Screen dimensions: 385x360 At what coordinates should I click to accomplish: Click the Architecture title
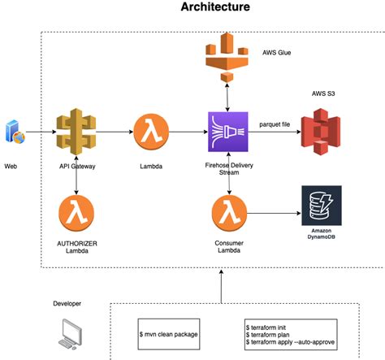[215, 7]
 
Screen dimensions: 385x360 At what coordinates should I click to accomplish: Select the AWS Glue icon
[227, 57]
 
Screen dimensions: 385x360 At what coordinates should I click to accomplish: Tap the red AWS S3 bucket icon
[321, 132]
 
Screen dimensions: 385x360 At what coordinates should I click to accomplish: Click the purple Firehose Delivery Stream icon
[228, 132]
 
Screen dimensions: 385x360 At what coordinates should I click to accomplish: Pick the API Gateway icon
[76, 132]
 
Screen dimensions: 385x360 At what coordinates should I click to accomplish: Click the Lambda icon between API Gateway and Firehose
[151, 132]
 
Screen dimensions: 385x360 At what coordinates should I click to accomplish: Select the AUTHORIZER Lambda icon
[76, 213]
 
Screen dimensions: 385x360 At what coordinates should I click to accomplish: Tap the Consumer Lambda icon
[229, 213]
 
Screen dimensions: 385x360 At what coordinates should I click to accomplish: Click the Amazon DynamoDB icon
[322, 206]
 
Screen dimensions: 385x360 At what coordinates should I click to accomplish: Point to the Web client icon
[15, 132]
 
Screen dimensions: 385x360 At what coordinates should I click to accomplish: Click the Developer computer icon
[70, 334]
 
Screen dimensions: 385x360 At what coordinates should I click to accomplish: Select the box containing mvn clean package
[169, 334]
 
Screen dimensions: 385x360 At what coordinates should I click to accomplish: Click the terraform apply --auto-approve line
[290, 342]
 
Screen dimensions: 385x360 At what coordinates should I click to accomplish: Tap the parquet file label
[275, 124]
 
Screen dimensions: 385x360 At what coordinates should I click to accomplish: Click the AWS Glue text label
[277, 53]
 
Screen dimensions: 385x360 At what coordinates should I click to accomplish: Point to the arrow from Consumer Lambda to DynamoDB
[274, 213]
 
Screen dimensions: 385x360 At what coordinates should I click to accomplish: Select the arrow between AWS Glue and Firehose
[227, 98]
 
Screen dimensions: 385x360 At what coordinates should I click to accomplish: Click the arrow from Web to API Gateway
[41, 132]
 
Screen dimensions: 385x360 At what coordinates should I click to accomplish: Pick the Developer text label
[67, 304]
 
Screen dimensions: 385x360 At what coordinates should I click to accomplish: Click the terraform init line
[266, 327]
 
